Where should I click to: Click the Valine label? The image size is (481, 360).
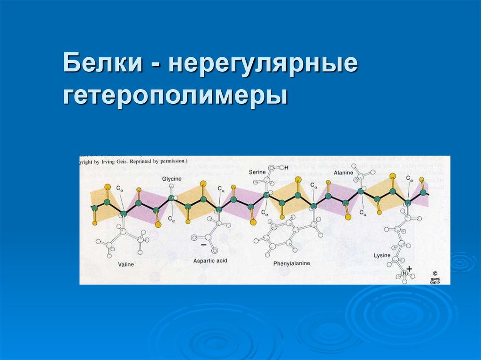[x=126, y=265]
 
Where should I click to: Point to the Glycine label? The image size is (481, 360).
[x=172, y=180]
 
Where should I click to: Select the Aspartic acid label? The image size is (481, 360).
[x=210, y=260]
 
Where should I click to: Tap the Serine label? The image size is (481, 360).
[x=257, y=172]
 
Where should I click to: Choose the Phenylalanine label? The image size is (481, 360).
[x=292, y=264]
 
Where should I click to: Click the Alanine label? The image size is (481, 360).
[x=343, y=173]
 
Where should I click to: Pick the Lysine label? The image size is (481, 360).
[x=382, y=255]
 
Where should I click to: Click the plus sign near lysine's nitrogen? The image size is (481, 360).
[x=409, y=269]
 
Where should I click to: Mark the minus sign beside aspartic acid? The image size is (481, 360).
[x=203, y=245]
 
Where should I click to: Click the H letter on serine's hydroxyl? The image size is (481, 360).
[x=286, y=168]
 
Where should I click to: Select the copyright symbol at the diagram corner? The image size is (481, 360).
[x=434, y=272]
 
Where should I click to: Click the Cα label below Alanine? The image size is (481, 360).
[x=363, y=213]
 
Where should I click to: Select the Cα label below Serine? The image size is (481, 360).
[x=265, y=213]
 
